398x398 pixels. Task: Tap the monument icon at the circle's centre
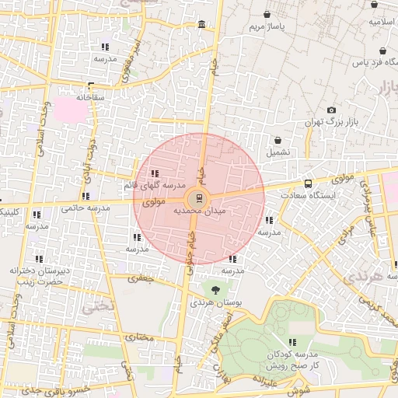coord(198,197)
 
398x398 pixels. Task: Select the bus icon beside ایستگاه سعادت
coord(309,184)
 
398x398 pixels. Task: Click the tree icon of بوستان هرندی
coord(215,289)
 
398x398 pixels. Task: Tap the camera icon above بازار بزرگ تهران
coord(333,110)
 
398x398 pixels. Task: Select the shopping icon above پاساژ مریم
coord(267,15)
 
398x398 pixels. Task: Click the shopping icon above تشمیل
coord(278,141)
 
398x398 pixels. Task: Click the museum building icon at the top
coord(202,26)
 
